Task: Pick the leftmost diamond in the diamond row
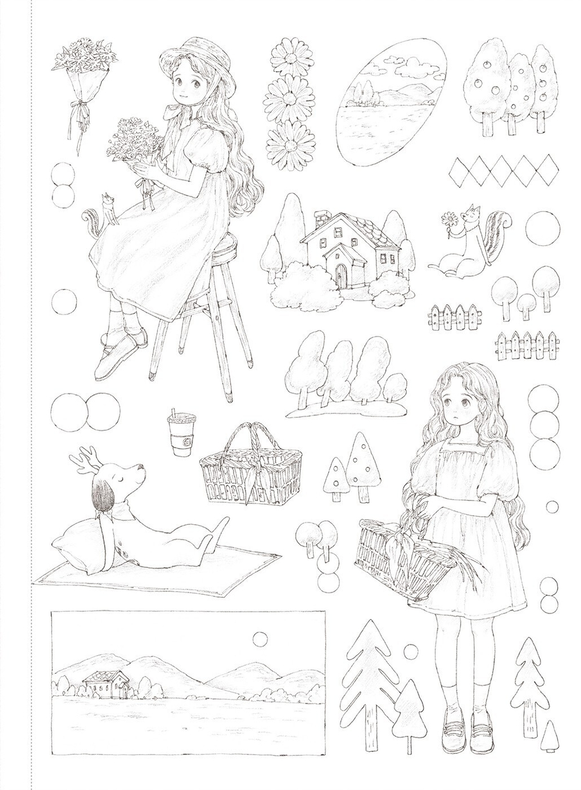(x=462, y=171)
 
